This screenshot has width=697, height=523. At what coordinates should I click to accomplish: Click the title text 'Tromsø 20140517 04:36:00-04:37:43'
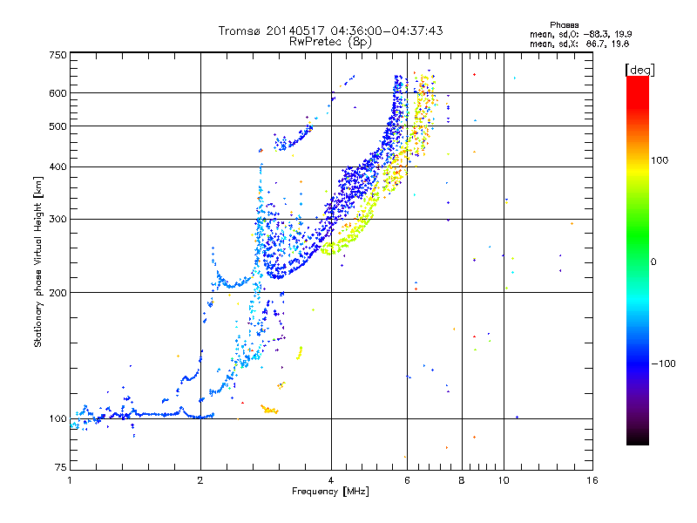[x=330, y=31]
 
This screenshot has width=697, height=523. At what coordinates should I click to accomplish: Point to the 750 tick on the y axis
[x=57, y=55]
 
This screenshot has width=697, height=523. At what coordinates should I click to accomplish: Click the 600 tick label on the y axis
[x=57, y=93]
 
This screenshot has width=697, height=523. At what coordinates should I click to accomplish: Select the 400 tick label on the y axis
[x=57, y=166]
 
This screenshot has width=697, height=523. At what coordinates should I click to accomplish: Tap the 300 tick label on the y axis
[x=57, y=219]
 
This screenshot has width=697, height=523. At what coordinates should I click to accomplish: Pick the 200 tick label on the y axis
[x=57, y=293]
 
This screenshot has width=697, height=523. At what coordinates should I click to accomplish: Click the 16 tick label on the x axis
[x=592, y=480]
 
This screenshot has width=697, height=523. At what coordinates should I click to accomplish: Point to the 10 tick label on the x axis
[x=503, y=480]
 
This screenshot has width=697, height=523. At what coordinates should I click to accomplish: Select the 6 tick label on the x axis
[x=407, y=480]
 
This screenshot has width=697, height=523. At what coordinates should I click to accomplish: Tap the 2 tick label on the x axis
[x=200, y=480]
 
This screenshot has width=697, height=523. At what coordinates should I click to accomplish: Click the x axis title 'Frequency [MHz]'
[x=330, y=492]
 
